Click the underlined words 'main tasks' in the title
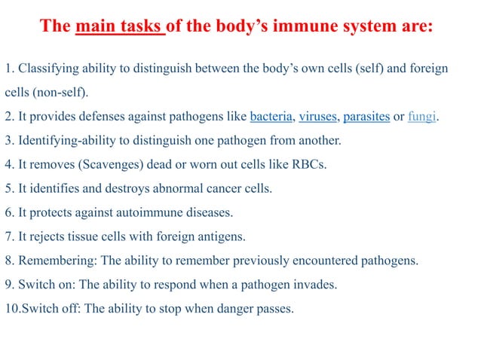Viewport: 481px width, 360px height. tap(120, 27)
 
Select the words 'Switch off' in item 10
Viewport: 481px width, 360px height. tap(46, 309)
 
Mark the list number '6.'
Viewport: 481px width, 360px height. tap(9, 213)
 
